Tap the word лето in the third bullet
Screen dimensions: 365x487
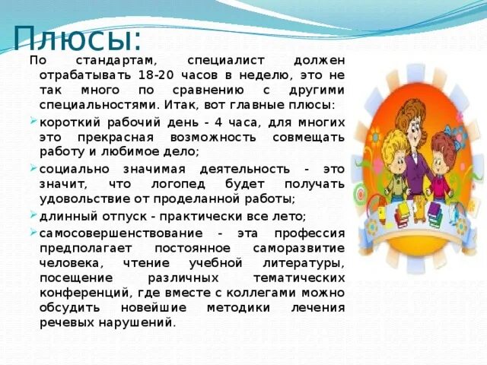(x=286, y=216)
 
